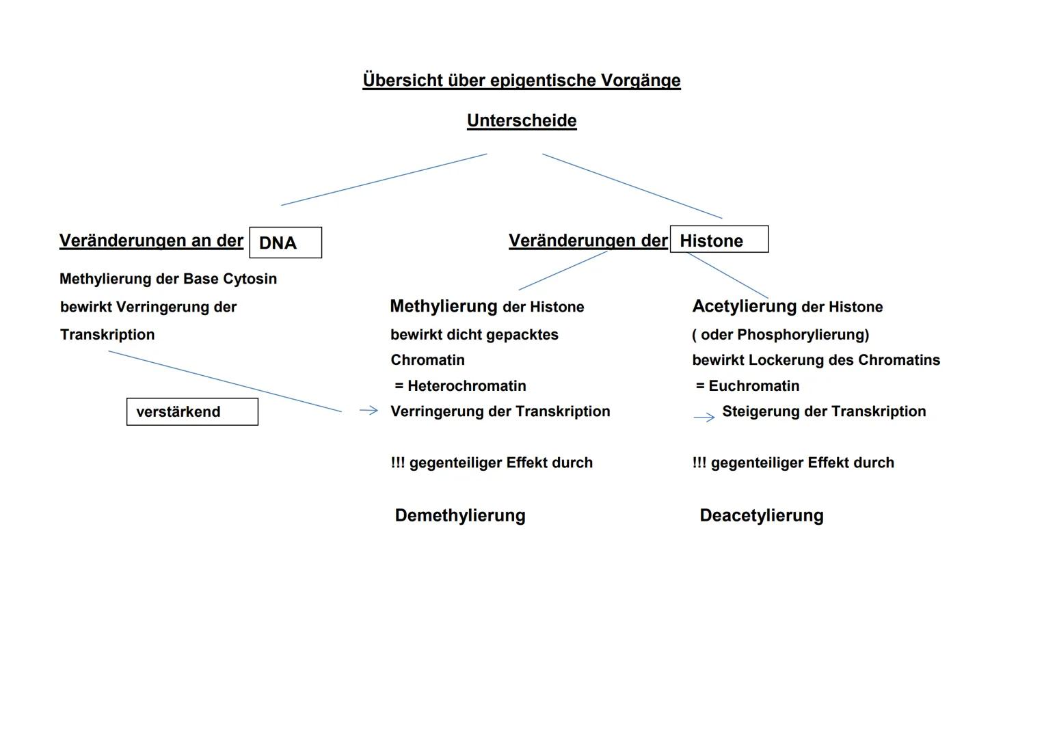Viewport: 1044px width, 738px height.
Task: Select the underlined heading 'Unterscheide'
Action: [522, 121]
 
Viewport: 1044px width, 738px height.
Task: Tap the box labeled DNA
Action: [285, 243]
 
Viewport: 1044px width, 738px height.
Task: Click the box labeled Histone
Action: [719, 240]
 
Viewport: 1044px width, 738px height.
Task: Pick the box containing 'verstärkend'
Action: [192, 412]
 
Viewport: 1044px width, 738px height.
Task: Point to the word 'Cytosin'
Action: [250, 279]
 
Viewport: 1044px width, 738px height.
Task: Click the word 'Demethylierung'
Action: [460, 515]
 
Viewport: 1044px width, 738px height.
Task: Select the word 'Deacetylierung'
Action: [761, 515]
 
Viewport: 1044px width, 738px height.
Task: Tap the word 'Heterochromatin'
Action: [466, 386]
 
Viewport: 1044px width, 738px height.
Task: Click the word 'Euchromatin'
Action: [753, 386]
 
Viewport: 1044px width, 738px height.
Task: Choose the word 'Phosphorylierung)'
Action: [803, 335]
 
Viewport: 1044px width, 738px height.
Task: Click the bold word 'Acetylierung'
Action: [744, 306]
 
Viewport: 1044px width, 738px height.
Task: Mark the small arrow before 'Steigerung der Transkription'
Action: [704, 417]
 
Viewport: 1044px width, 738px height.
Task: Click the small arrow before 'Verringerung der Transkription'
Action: [369, 410]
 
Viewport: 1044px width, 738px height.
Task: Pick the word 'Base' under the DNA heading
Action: [203, 279]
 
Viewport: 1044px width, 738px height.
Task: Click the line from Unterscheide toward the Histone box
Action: [632, 186]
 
